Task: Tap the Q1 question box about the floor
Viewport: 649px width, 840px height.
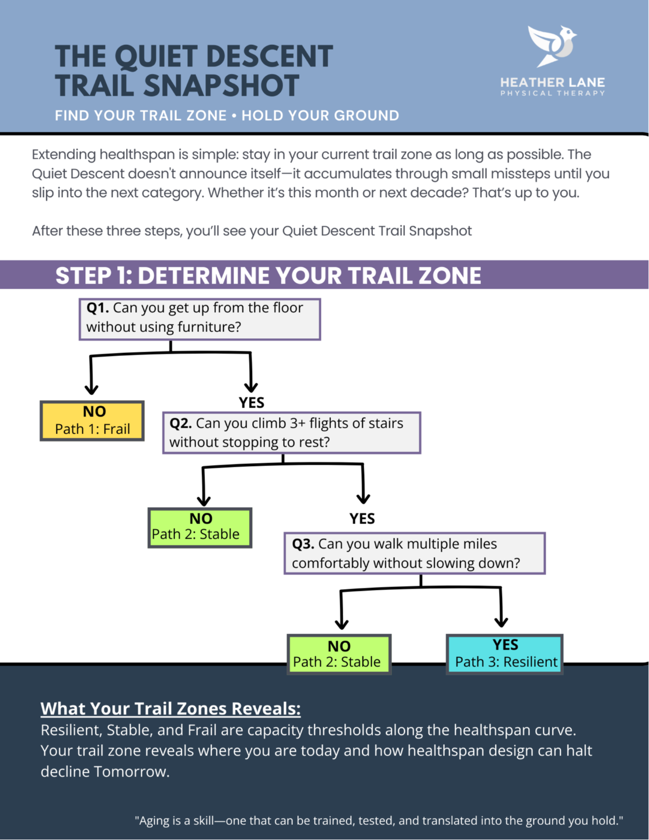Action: [x=200, y=318]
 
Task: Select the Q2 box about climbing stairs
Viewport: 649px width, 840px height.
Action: [x=291, y=433]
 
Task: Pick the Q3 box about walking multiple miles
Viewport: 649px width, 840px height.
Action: [x=414, y=553]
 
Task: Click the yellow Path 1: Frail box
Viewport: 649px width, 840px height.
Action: [x=92, y=421]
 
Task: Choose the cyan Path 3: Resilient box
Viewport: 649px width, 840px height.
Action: [x=505, y=654]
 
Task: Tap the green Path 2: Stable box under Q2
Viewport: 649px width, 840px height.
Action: [x=200, y=527]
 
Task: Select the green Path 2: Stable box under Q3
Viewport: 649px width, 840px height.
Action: [x=339, y=654]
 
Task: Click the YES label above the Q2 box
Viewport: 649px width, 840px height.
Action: [x=252, y=402]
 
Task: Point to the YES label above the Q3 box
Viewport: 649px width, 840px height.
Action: [x=362, y=519]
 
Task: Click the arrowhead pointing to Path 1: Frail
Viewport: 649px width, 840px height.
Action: [x=91, y=388]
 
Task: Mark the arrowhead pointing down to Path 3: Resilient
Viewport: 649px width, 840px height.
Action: [x=501, y=621]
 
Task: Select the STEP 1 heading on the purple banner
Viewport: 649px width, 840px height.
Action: [x=268, y=275]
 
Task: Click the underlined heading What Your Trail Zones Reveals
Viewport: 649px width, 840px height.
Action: [x=170, y=708]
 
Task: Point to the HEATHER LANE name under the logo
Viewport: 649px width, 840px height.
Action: [x=552, y=82]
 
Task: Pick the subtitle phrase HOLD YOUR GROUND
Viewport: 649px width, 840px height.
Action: [x=320, y=116]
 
